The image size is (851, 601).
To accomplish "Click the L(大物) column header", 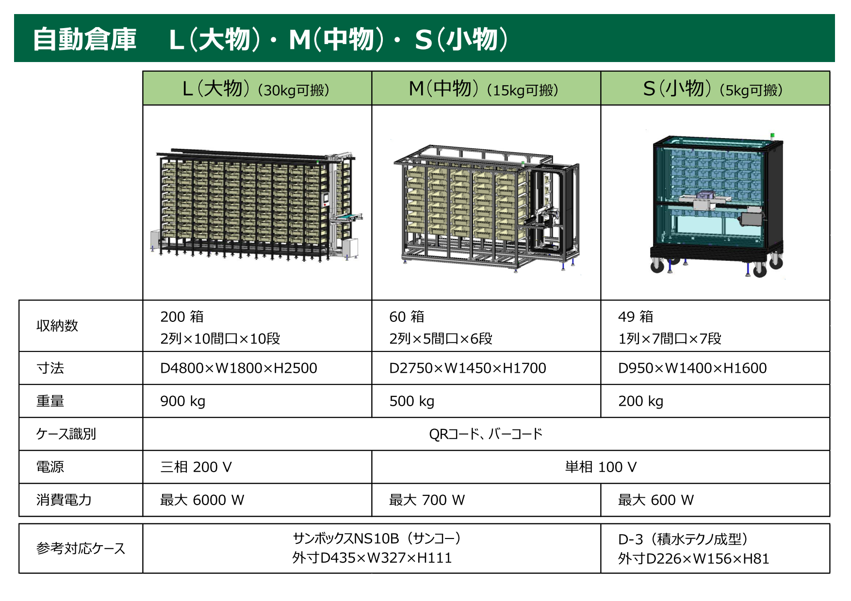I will tap(257, 89).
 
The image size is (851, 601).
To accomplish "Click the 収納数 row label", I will tap(57, 326).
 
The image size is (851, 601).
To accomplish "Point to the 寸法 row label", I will tap(50, 368).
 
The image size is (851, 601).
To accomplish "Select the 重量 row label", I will tap(50, 401).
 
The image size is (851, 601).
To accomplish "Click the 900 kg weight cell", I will tap(183, 401).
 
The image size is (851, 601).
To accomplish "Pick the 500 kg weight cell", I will tap(412, 401).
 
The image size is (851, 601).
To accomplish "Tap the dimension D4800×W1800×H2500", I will tap(239, 368).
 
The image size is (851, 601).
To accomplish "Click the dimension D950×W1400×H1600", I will tap(692, 368).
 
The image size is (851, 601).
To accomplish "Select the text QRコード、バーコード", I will tap(486, 434).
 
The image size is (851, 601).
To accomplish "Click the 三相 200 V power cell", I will tap(196, 467).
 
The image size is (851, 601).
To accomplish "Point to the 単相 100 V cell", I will tap(601, 467).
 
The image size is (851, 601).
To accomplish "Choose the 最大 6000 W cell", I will tap(202, 500).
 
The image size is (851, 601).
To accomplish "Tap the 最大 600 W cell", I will tap(656, 500).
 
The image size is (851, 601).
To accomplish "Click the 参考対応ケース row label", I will tap(81, 549).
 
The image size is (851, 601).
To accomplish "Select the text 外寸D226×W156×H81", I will tap(694, 559).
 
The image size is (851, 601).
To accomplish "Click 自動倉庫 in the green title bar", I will tap(85, 39).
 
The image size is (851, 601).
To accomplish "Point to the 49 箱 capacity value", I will tap(636, 317).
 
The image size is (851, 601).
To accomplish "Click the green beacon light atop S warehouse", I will tap(773, 135).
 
